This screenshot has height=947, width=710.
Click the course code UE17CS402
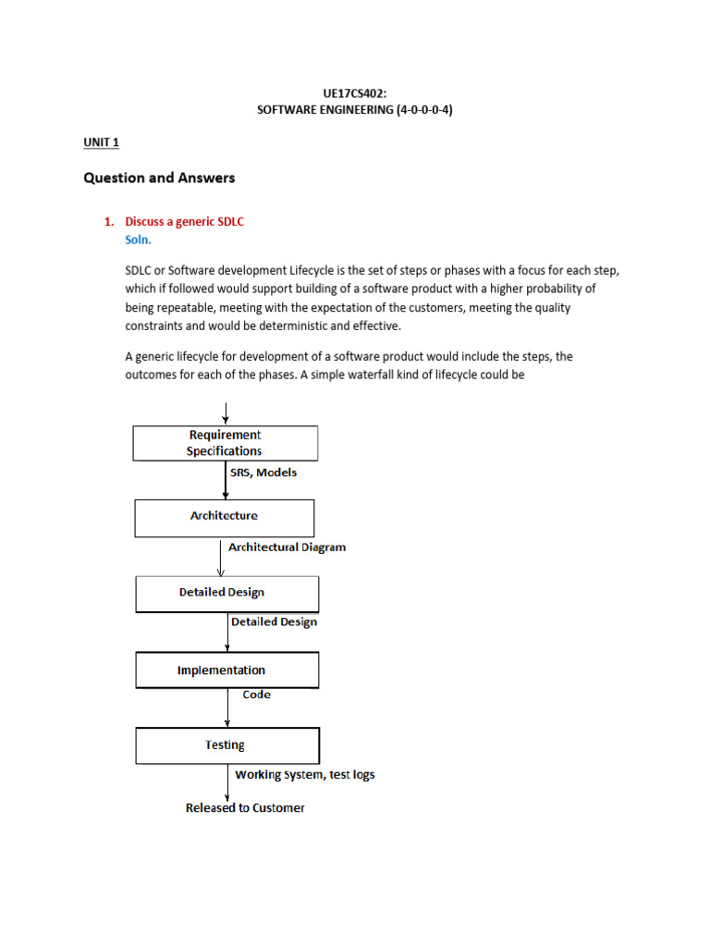pyautogui.click(x=355, y=93)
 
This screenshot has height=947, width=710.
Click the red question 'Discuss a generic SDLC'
pyautogui.click(x=184, y=222)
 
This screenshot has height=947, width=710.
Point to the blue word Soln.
pyautogui.click(x=139, y=239)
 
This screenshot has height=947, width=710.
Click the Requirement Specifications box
pyautogui.click(x=226, y=443)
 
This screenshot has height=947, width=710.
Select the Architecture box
pyautogui.click(x=225, y=518)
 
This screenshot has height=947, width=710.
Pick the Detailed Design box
pyautogui.click(x=227, y=594)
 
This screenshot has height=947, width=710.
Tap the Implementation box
pyautogui.click(x=227, y=670)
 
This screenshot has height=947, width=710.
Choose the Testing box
pyautogui.click(x=227, y=745)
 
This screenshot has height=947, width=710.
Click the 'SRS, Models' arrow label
pyautogui.click(x=263, y=473)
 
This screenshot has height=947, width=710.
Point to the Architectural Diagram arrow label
pyautogui.click(x=287, y=547)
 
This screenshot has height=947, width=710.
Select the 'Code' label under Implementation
pyautogui.click(x=257, y=695)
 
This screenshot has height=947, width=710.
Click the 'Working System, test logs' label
pyautogui.click(x=305, y=775)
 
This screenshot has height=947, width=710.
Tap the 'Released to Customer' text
pyautogui.click(x=245, y=808)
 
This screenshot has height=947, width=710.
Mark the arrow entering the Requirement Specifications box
pyautogui.click(x=226, y=412)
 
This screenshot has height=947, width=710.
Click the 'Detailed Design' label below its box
pyautogui.click(x=274, y=622)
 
